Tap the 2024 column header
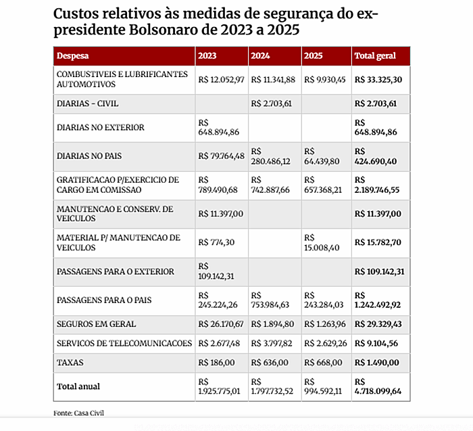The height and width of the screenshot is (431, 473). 261,55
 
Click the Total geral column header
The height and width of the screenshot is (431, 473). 375,55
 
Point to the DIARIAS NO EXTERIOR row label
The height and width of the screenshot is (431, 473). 101,127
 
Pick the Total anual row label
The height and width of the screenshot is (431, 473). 78,386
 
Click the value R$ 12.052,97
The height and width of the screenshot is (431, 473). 221,80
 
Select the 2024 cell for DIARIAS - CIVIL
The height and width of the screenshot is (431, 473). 274,104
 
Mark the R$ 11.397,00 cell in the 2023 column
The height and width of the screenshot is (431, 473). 221,214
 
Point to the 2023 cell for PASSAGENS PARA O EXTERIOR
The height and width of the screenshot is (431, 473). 221,271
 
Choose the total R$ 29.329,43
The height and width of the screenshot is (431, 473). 379,324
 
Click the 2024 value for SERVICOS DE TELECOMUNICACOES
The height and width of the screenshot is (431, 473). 274,343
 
